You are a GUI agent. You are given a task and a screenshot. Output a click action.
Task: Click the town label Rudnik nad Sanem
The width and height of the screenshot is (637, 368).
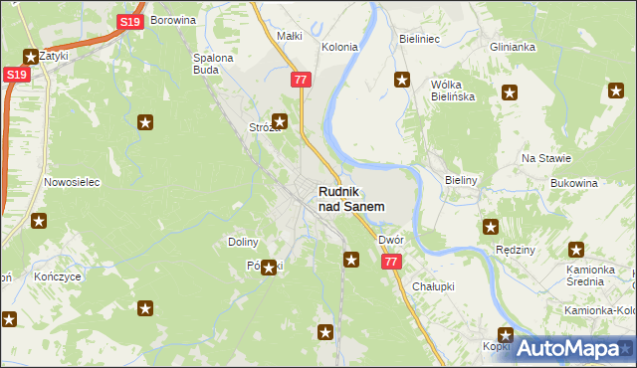351,198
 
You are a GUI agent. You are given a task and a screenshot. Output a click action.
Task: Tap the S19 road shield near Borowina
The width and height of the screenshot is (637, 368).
128,21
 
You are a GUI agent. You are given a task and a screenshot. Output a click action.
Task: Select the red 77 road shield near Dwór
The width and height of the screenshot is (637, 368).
390,262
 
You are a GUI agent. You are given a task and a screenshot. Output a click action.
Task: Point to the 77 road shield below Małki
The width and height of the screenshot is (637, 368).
302,79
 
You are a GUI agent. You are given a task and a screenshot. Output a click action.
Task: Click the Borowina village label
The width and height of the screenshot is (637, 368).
171,20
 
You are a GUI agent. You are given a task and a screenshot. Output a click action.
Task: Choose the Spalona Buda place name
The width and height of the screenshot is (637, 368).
212,64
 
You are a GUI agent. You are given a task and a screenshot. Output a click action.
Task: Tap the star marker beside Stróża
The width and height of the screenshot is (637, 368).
280,122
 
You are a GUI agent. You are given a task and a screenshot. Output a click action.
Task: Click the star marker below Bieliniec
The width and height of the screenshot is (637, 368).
402,81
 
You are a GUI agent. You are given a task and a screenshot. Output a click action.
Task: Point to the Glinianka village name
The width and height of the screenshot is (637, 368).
513,47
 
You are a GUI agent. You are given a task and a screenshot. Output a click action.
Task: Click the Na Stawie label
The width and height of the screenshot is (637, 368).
545,158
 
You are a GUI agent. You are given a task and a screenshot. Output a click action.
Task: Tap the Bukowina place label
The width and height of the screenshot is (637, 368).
572,184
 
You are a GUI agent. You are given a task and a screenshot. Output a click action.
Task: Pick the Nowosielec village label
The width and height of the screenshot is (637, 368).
69,183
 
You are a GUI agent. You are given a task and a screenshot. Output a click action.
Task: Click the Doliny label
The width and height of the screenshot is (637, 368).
243,242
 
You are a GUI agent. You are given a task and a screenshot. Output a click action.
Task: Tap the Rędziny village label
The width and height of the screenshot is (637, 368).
515,251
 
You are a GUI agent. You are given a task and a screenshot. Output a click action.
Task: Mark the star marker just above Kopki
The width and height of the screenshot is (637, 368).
506,335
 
